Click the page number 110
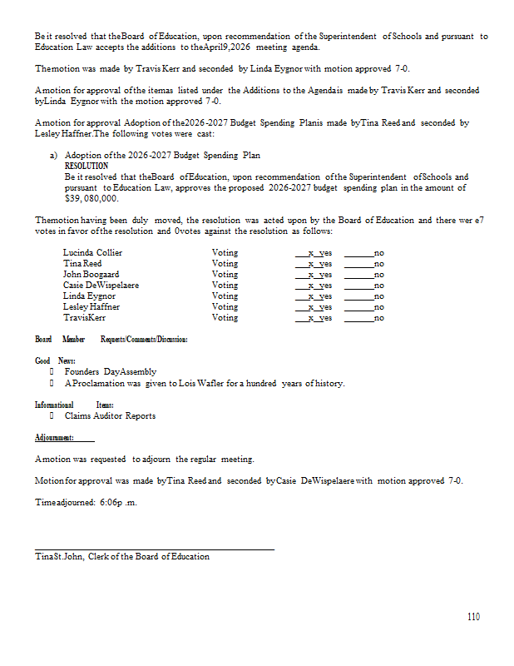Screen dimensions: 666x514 click(x=472, y=617)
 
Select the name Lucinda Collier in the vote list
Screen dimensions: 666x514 click(x=92, y=252)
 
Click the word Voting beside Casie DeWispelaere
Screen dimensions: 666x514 click(x=225, y=285)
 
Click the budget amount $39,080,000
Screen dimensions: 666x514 click(x=91, y=198)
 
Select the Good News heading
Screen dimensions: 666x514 click(x=55, y=360)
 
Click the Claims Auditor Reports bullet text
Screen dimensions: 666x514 click(x=110, y=415)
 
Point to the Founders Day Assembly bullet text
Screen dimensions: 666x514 click(x=110, y=371)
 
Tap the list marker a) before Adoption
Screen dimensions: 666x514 click(x=54, y=156)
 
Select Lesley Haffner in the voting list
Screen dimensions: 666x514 click(x=91, y=306)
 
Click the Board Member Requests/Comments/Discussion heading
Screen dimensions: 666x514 click(x=111, y=340)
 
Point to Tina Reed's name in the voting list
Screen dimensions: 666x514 click(x=82, y=263)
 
